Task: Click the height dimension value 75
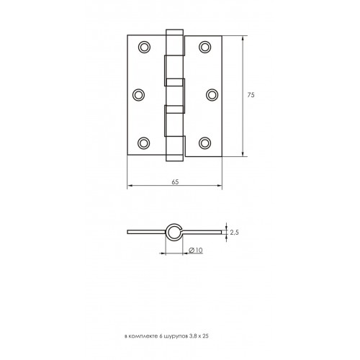251,95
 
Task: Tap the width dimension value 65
175,182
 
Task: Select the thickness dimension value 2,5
234,233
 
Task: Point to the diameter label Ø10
196,251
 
